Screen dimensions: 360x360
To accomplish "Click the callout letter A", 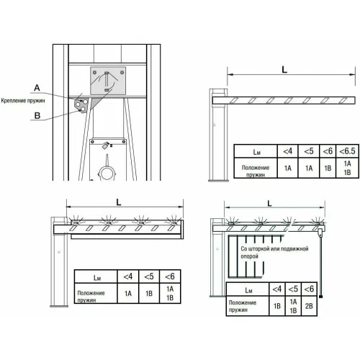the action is point(37,88).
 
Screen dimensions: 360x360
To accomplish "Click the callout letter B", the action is point(37,116).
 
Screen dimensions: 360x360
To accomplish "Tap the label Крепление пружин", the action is point(23,101).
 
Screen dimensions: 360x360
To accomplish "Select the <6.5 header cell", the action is point(347,151).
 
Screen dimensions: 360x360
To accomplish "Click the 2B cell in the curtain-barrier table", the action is point(309,306).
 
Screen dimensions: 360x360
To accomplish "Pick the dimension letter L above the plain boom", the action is point(284,70).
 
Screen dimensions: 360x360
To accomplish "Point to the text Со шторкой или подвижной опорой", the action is point(274,253).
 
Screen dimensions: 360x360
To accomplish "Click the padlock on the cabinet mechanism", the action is point(106,145).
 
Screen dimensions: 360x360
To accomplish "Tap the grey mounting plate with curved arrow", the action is point(108,81).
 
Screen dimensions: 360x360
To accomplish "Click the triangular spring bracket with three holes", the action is point(81,106).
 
